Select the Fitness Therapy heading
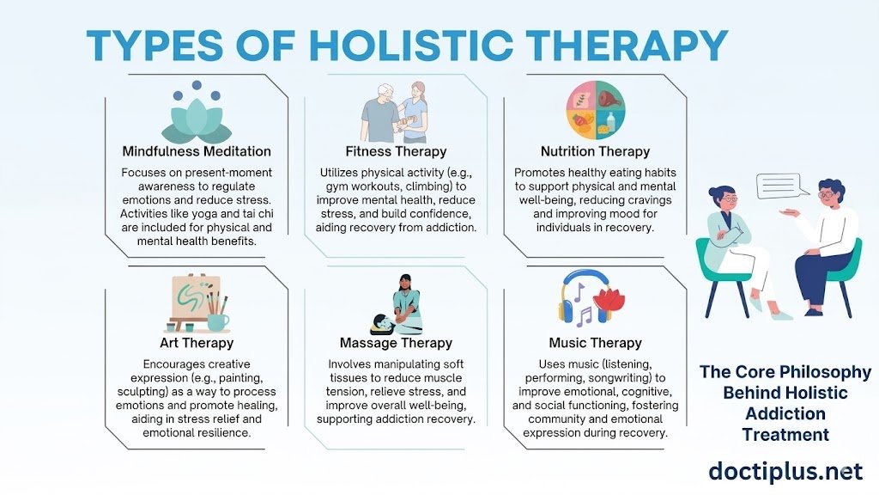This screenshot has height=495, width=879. pyautogui.click(x=396, y=151)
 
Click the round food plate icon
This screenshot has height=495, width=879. pyautogui.click(x=596, y=110)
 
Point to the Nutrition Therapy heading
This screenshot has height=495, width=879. pyautogui.click(x=596, y=151)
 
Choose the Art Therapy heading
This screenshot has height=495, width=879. pyautogui.click(x=197, y=343)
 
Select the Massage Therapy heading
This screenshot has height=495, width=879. pyautogui.click(x=396, y=343)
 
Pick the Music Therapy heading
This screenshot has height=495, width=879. pyautogui.click(x=596, y=343)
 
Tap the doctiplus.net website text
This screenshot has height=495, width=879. pyautogui.click(x=785, y=472)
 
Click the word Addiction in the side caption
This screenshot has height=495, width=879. pyautogui.click(x=785, y=413)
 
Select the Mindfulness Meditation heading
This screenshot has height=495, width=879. pyautogui.click(x=197, y=151)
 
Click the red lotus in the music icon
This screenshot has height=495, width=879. pyautogui.click(x=609, y=299)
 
